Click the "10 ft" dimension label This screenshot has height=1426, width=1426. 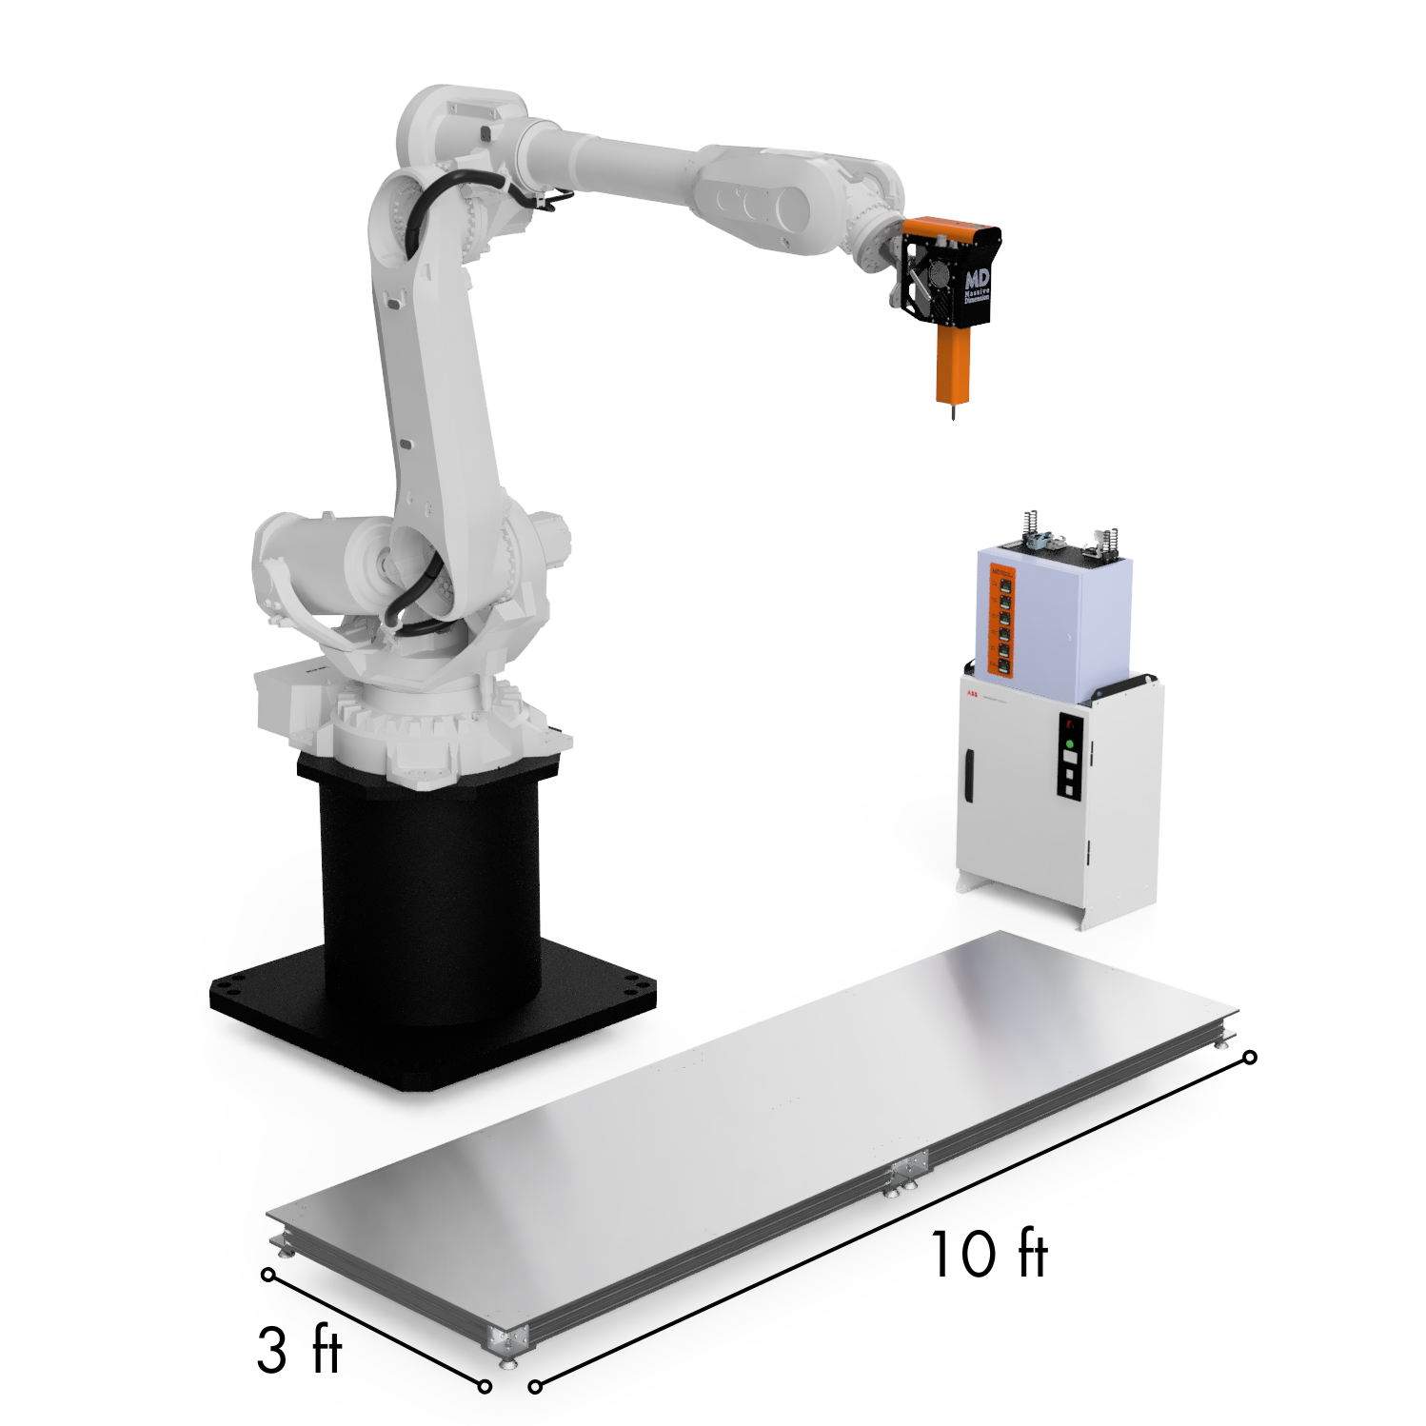click(x=988, y=1254)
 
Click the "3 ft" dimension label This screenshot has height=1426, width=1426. click(x=298, y=1350)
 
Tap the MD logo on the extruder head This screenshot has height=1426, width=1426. click(x=977, y=279)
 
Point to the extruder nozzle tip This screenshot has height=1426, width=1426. click(x=953, y=416)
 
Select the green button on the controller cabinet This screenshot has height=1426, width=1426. click(x=1071, y=743)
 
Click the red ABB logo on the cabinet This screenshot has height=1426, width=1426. click(x=972, y=694)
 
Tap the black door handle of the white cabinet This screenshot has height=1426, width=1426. click(x=968, y=775)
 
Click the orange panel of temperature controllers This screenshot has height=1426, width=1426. click(x=1002, y=621)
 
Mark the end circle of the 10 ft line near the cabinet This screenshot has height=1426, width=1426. click(x=1251, y=1058)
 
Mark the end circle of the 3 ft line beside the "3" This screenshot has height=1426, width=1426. click(x=268, y=1274)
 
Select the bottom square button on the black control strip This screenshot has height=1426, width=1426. click(x=1070, y=789)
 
